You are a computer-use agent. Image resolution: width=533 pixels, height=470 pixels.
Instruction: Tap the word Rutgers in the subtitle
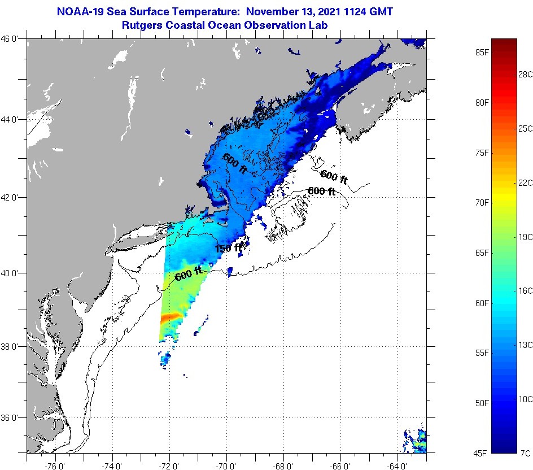tap(141, 25)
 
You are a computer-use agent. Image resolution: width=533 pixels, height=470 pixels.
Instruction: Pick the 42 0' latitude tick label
tap(11, 198)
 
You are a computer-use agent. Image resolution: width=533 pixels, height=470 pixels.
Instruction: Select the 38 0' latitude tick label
tap(11, 346)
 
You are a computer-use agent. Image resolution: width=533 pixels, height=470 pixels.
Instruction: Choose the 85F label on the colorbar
tap(481, 53)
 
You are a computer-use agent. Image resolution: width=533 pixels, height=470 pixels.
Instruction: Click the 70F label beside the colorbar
tap(481, 202)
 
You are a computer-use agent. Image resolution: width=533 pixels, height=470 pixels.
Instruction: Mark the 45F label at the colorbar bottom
tap(481, 452)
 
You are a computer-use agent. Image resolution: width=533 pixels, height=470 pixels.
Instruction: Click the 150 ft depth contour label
tap(229, 248)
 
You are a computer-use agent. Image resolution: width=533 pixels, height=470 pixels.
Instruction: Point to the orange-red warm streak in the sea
tap(170, 317)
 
